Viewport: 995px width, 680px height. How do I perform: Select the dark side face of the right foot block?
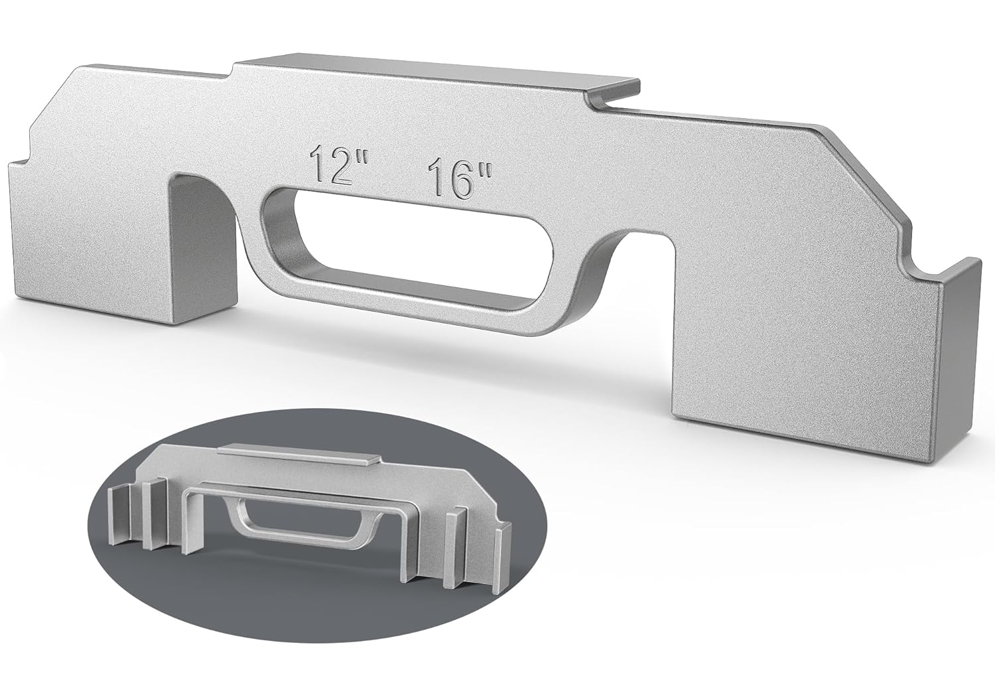tap(959, 372)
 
